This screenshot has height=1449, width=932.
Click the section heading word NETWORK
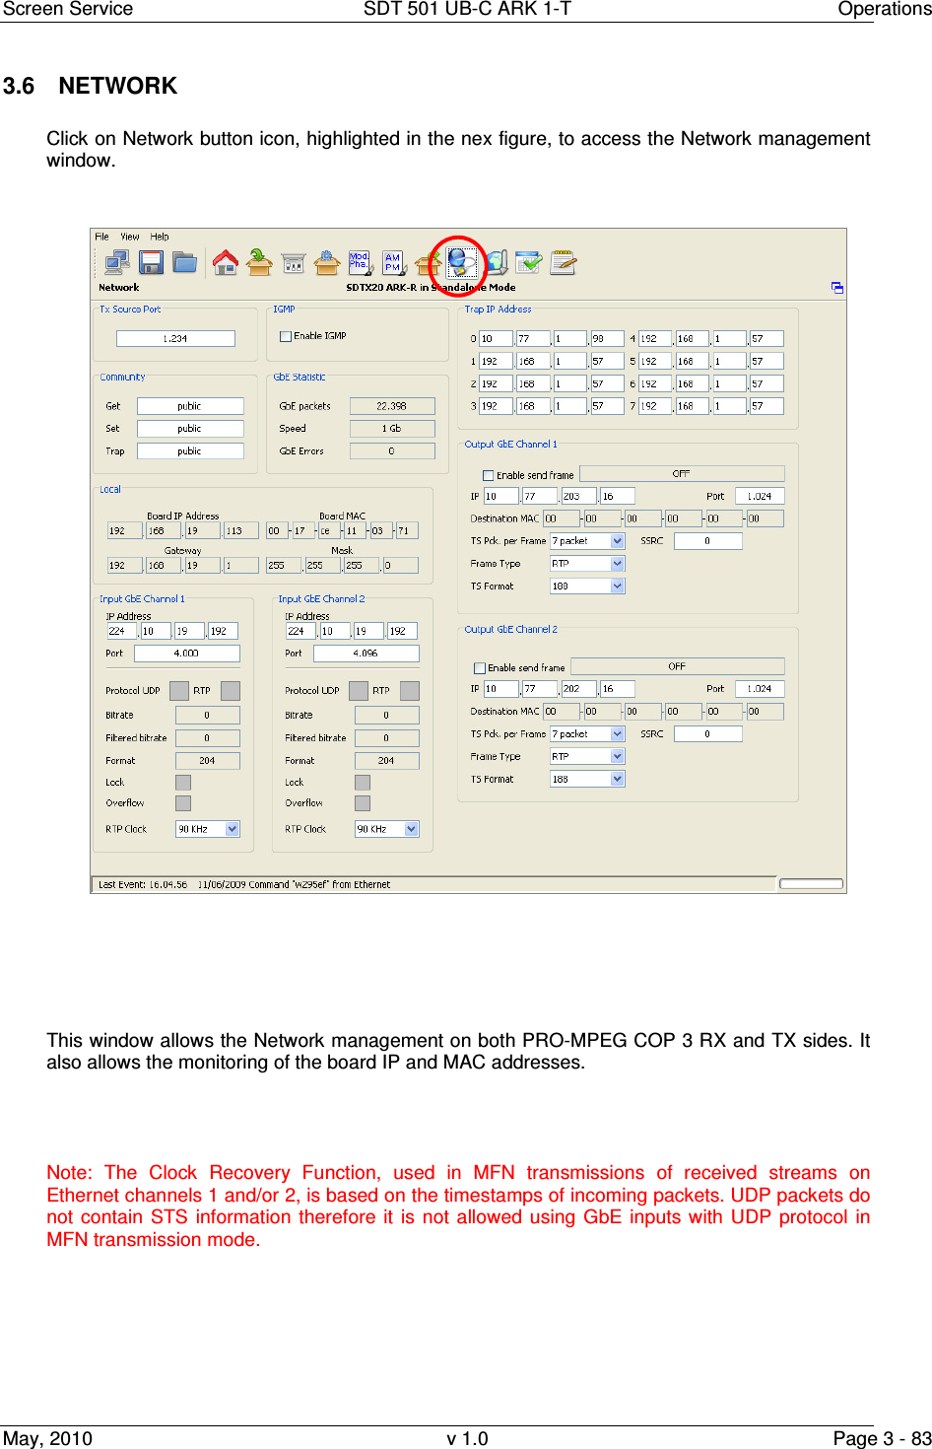117,86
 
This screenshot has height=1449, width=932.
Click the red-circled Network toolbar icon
460,263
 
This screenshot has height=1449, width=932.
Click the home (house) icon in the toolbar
225,262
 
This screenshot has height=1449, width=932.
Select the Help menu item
160,237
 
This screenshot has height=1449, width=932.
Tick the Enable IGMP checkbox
286,336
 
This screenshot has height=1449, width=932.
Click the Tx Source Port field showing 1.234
175,338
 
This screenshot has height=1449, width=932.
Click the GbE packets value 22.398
391,406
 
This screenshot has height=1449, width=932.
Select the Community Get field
189,406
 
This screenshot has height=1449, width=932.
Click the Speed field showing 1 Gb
391,429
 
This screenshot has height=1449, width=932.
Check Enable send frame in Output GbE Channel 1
488,475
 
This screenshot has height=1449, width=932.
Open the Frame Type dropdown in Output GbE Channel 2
618,756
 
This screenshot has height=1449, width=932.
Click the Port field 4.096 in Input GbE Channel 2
366,654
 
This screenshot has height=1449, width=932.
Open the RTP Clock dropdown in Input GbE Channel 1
232,829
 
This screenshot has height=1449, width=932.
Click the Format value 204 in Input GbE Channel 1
207,761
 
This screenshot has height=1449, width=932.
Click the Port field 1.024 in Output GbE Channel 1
759,497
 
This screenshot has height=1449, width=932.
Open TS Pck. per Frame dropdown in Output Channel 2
618,734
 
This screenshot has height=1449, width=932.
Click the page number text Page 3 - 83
881,1438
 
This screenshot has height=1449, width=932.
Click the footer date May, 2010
47,1438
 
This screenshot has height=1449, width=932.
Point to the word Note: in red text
69,1173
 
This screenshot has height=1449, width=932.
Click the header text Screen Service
67,10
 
